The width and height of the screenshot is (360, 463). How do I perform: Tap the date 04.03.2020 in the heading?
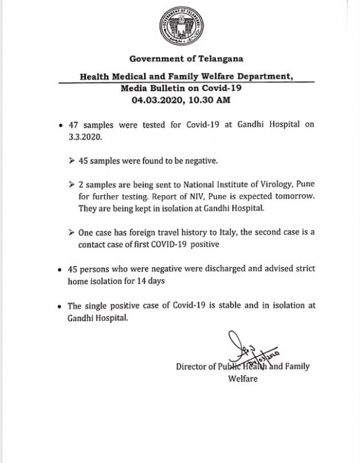[156, 100]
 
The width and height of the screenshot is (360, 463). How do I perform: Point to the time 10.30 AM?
[207, 100]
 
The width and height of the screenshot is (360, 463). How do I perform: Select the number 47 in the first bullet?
[74, 126]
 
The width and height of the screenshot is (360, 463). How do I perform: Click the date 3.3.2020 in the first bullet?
[82, 137]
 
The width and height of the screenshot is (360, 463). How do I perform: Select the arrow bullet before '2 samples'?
[72, 186]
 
